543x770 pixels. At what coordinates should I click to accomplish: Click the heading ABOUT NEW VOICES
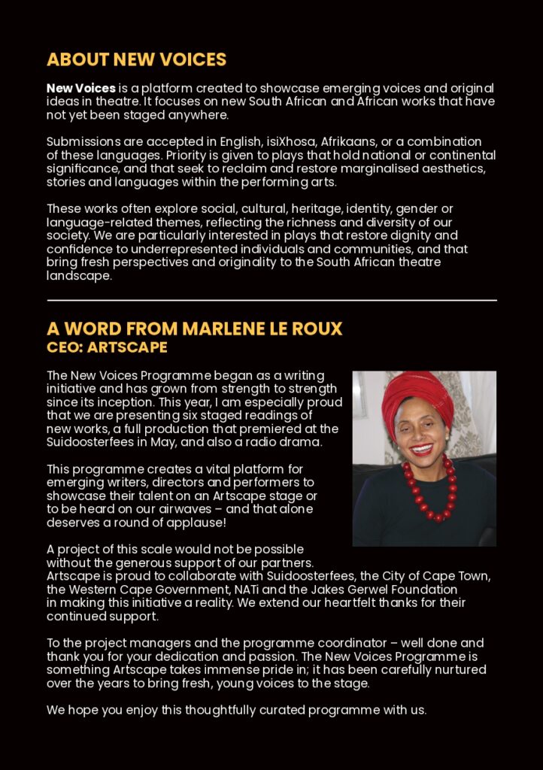pyautogui.click(x=136, y=59)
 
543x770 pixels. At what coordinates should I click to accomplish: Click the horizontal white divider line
pyautogui.click(x=271, y=300)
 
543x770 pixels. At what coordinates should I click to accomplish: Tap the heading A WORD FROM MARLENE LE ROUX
pyautogui.click(x=194, y=329)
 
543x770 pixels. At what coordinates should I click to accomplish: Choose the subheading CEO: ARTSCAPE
pyautogui.click(x=107, y=347)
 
